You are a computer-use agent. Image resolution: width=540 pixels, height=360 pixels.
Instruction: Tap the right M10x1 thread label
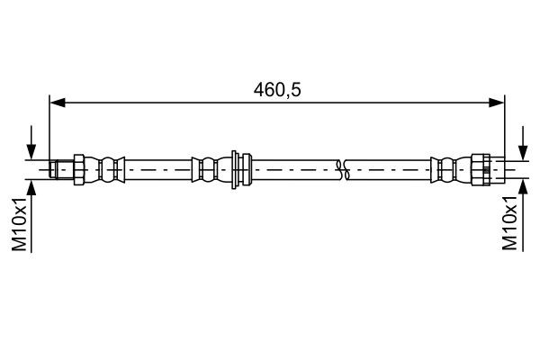pos(510,228)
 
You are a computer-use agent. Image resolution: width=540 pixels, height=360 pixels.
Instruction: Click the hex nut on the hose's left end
pos(78,167)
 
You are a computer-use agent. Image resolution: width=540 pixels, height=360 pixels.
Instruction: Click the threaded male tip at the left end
pos(60,167)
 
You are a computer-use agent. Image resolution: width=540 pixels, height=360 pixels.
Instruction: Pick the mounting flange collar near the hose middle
pos(238,167)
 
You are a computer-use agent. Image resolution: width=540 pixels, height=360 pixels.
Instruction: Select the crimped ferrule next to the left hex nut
pos(109,167)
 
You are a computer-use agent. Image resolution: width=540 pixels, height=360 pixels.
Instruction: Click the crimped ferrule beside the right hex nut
pos(445,167)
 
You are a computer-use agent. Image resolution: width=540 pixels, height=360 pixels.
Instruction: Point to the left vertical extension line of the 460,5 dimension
pos(50,126)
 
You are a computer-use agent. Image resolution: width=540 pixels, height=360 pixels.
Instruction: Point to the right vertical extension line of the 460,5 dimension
pos(503,126)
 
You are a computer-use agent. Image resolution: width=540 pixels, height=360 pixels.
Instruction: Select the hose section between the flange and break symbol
pos(292,167)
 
